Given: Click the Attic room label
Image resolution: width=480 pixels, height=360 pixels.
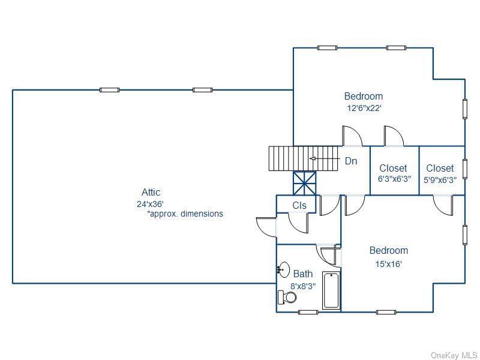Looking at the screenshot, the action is pyautogui.click(x=151, y=192).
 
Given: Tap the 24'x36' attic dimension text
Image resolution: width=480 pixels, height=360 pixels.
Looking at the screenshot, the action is pyautogui.click(x=151, y=204).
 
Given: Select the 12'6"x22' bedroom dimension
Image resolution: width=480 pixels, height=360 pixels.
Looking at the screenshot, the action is pyautogui.click(x=364, y=108).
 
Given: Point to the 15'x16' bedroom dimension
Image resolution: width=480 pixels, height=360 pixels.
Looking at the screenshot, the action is pyautogui.click(x=388, y=264).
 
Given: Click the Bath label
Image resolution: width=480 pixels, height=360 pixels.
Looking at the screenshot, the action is pyautogui.click(x=303, y=274).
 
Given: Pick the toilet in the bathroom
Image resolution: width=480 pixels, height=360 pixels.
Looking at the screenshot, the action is pyautogui.click(x=287, y=297).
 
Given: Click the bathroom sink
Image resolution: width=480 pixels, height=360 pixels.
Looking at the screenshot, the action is pyautogui.click(x=284, y=269).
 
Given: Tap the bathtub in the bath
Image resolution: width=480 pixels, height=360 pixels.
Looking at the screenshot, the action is pyautogui.click(x=331, y=290).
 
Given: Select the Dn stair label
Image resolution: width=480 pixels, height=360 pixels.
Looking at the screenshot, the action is pyautogui.click(x=351, y=161).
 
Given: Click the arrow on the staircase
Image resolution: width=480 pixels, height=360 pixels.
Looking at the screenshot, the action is pyautogui.click(x=325, y=158).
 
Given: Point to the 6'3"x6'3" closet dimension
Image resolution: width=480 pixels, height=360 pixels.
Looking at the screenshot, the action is pyautogui.click(x=394, y=179).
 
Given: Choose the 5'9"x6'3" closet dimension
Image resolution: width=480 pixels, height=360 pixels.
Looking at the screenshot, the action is pyautogui.click(x=440, y=179).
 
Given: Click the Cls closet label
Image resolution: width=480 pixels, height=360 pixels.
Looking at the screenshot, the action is pyautogui.click(x=299, y=205).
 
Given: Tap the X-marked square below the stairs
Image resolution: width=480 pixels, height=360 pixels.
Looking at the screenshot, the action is pyautogui.click(x=305, y=183).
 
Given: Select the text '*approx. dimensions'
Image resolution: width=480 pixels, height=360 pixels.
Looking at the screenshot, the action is pyautogui.click(x=185, y=214).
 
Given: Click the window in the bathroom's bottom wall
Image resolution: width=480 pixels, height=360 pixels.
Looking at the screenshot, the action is pyautogui.click(x=308, y=312).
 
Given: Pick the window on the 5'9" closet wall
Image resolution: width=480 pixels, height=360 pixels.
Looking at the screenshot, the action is pyautogui.click(x=464, y=169).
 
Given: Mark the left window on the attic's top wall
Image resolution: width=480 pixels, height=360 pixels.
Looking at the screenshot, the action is pyautogui.click(x=109, y=90).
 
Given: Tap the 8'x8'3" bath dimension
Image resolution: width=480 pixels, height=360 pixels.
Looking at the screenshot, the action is pyautogui.click(x=303, y=286).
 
